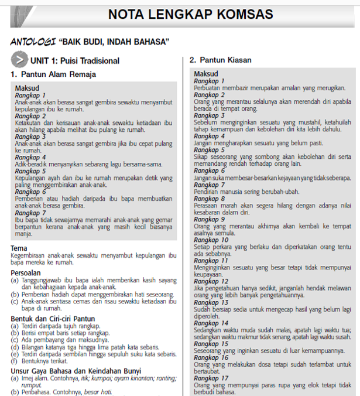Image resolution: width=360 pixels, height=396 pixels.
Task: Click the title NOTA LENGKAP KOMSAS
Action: [190, 14]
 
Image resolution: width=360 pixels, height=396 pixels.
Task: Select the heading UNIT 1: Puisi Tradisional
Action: [75, 60]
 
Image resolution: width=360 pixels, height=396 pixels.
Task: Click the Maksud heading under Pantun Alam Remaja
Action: [28, 88]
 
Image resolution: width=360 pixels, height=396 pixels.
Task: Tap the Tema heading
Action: [19, 248]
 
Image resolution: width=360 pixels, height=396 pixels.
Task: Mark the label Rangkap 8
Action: [209, 199]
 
